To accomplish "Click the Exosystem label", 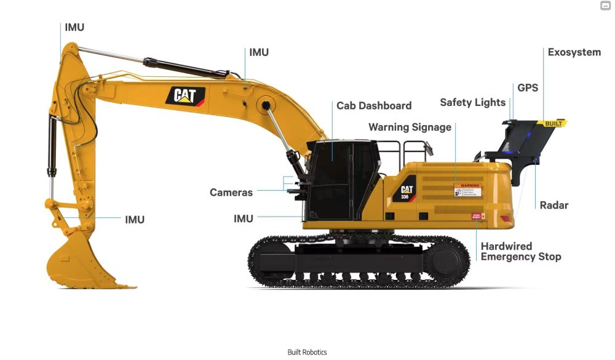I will [574, 52].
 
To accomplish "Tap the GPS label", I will [527, 87].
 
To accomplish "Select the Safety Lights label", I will [472, 103].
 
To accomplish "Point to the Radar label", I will [553, 205].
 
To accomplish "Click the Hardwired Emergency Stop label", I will [520, 251].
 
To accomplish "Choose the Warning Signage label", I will [410, 127].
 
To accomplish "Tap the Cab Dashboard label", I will [373, 106].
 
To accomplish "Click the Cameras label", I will [231, 193].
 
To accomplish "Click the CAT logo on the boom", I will [185, 95].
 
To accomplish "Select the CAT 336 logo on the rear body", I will [407, 191].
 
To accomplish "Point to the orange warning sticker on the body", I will [467, 190].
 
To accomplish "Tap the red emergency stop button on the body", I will [478, 216].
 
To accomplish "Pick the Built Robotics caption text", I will [307, 353].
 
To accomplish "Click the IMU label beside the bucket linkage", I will [134, 220].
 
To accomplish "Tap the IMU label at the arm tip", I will [74, 28].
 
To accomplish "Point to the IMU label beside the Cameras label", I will [244, 218].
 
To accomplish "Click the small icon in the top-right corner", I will [605, 6].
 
